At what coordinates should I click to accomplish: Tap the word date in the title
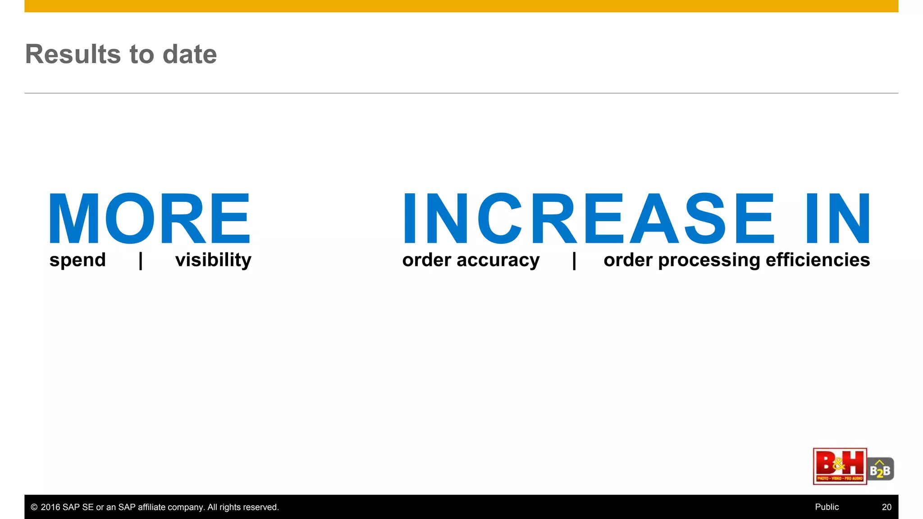pyautogui.click(x=189, y=54)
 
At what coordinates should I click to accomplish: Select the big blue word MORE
pyautogui.click(x=149, y=218)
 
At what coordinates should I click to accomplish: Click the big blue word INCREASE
pyautogui.click(x=588, y=218)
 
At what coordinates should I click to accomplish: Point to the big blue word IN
pyautogui.click(x=838, y=218)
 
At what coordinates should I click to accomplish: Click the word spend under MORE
pyautogui.click(x=78, y=260)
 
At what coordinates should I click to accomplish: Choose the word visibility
pyautogui.click(x=213, y=260)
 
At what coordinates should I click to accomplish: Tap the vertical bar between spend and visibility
pyautogui.click(x=141, y=260)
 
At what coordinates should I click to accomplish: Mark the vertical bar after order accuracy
pyautogui.click(x=574, y=260)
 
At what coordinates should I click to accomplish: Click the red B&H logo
pyautogui.click(x=840, y=466)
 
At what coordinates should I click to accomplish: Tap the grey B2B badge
pyautogui.click(x=880, y=469)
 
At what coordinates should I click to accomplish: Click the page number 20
pyautogui.click(x=886, y=507)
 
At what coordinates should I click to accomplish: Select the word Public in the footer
pyautogui.click(x=827, y=507)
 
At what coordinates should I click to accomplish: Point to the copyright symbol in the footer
pyautogui.click(x=34, y=507)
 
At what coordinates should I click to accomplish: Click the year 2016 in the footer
pyautogui.click(x=50, y=507)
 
